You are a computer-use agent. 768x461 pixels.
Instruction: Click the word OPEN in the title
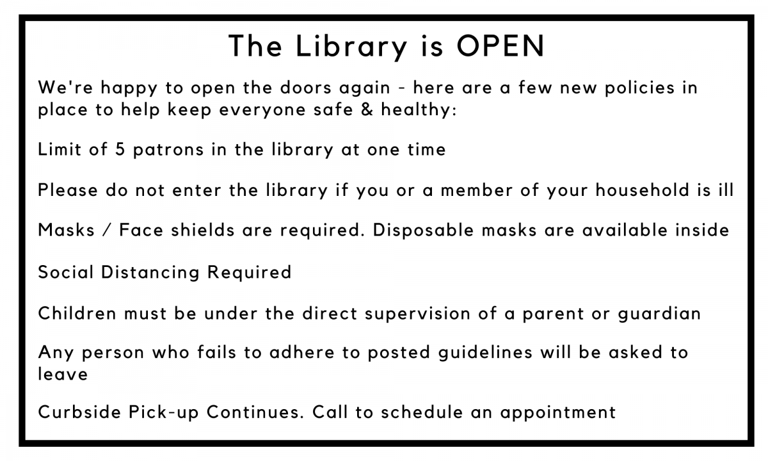click(500, 46)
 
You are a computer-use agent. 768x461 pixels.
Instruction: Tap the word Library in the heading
click(351, 47)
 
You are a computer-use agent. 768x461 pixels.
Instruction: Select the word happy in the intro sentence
click(129, 89)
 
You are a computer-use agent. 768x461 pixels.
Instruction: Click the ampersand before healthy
click(367, 109)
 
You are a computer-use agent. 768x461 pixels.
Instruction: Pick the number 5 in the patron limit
click(120, 149)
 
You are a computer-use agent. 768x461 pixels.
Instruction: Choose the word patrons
click(168, 150)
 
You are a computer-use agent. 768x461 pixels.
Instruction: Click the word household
click(642, 190)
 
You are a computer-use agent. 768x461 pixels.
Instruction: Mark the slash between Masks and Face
click(107, 230)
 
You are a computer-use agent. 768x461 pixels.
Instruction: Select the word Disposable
click(423, 230)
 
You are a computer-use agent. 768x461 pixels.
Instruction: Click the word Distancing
click(150, 273)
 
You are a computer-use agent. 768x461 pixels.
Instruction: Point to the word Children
click(77, 313)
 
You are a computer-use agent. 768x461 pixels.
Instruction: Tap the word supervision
click(417, 314)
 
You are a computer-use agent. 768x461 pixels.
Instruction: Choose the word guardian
click(659, 314)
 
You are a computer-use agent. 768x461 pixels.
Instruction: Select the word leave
click(63, 373)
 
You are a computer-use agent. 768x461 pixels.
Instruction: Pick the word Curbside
click(79, 412)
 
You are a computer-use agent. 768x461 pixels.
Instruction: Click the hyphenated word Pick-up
click(164, 412)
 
